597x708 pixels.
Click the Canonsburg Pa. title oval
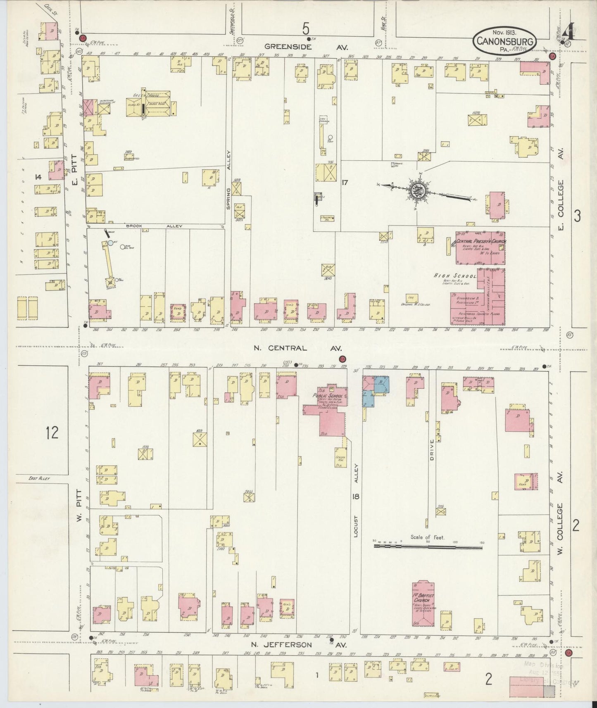(504, 40)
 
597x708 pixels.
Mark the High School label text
(455, 276)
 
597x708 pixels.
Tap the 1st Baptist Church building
(423, 604)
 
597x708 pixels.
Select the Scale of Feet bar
(428, 546)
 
